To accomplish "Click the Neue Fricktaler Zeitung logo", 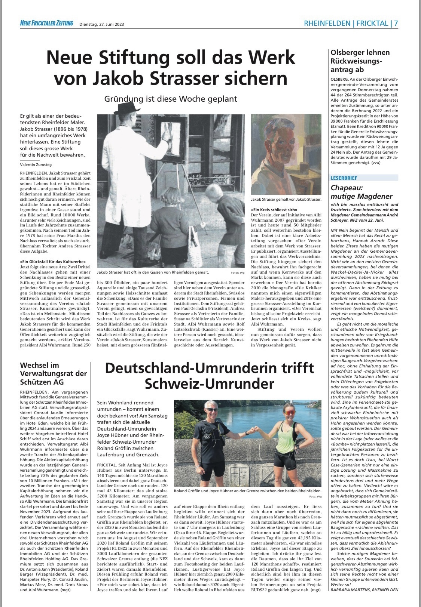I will pyautogui.click(x=47, y=24).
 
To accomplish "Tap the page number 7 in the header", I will pyautogui.click(x=396, y=23).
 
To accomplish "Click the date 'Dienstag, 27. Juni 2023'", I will pyautogui.click(x=101, y=24).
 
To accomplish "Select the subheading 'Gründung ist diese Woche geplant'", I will pyautogui.click(x=171, y=99).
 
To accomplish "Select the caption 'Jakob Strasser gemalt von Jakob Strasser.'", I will pyautogui.click(x=286, y=200).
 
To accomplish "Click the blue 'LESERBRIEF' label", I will pyautogui.click(x=344, y=178).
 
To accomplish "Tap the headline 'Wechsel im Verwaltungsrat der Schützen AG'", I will pyautogui.click(x=53, y=373).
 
